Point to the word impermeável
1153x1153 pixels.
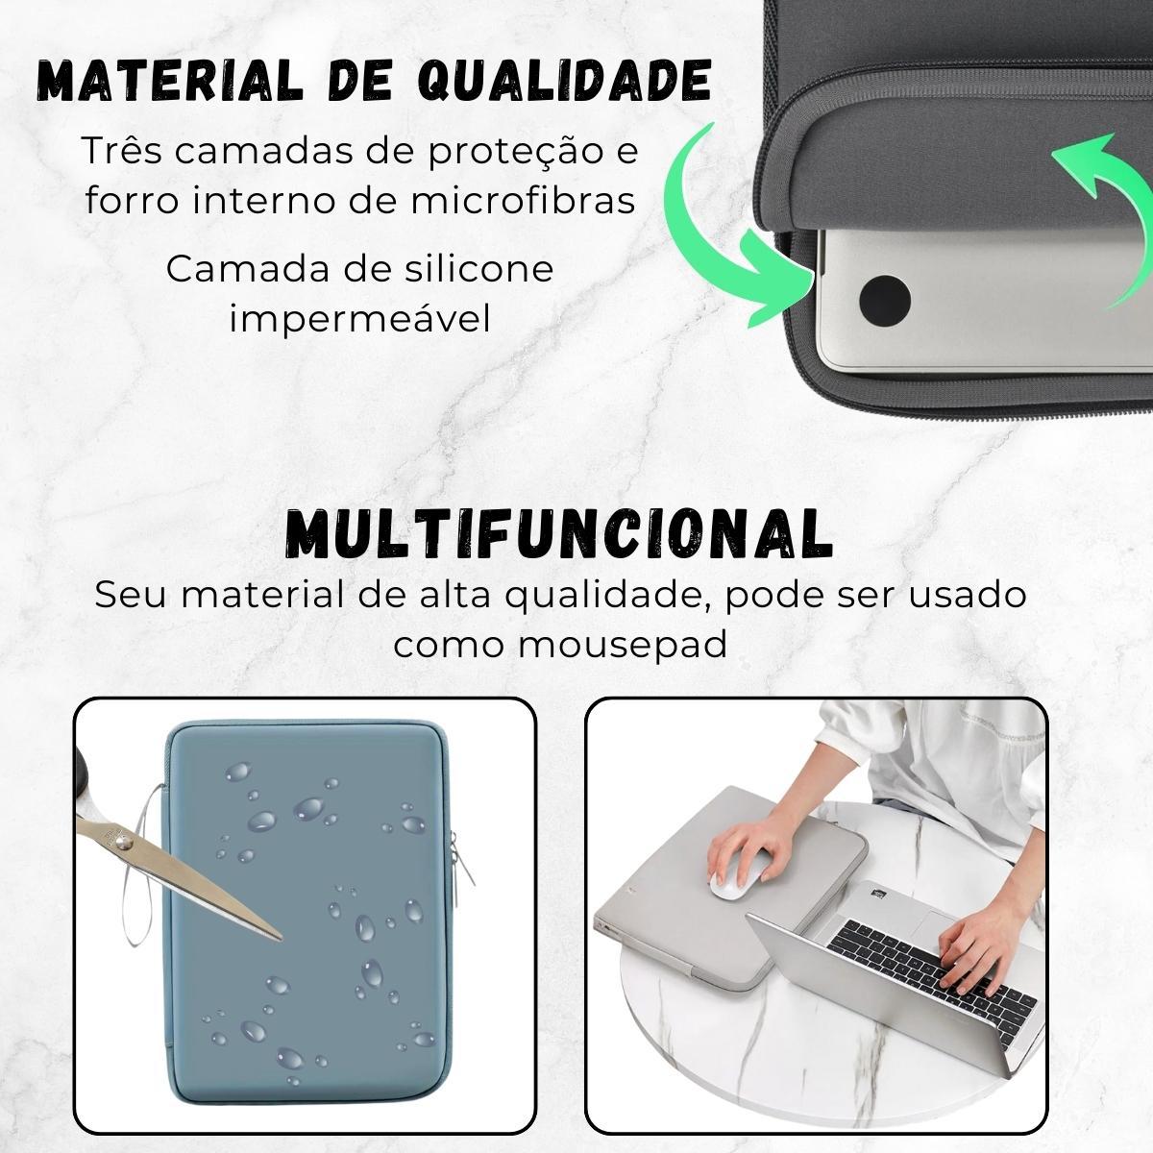(x=359, y=318)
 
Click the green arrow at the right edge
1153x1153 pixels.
(x=1105, y=202)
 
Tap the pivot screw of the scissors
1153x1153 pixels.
(x=122, y=843)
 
